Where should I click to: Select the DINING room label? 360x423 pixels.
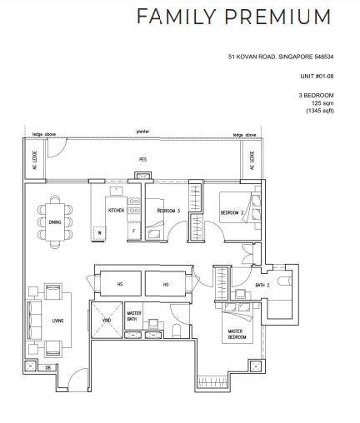pyautogui.click(x=54, y=222)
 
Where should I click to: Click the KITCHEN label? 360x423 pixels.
pyautogui.click(x=116, y=211)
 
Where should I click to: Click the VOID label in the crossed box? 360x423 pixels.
pyautogui.click(x=106, y=320)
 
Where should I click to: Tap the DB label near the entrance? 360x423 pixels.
pyautogui.click(x=48, y=366)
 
